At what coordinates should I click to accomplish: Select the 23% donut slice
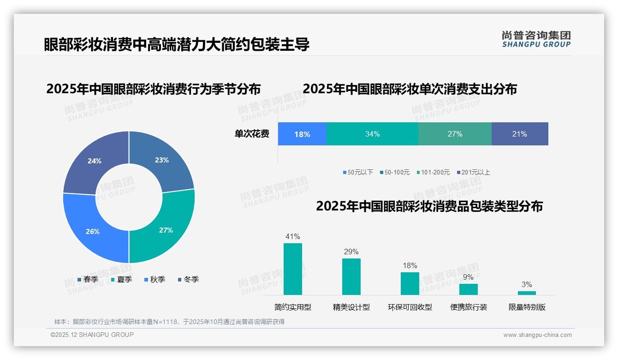click(162, 160)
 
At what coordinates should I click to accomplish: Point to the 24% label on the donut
click(95, 161)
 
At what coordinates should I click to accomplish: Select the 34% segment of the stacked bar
click(372, 134)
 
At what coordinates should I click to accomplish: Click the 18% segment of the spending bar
click(302, 134)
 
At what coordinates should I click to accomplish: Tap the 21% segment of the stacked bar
click(519, 134)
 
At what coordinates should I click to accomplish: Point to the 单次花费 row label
click(252, 134)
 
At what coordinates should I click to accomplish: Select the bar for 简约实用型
click(292, 269)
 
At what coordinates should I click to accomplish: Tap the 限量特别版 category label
click(527, 307)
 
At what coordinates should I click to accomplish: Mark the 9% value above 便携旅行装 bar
click(468, 277)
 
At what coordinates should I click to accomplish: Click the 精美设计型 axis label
click(351, 307)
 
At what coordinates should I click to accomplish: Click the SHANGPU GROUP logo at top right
click(536, 39)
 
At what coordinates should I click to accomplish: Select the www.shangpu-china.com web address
click(537, 335)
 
